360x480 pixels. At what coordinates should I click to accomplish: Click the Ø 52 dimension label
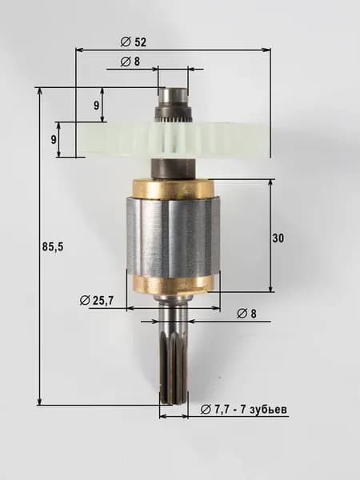pos(134,42)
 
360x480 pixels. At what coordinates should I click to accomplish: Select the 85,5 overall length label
pos(53,246)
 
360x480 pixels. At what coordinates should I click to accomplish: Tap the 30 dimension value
pos(278,238)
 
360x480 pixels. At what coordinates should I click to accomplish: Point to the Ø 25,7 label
pos(96,301)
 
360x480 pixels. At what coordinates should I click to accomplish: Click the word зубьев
pos(269,410)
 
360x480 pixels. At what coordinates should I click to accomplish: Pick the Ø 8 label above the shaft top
pos(130,62)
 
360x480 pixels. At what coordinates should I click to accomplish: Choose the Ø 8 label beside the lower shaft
pos(246,314)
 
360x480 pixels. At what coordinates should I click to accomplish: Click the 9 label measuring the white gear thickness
pos(54,139)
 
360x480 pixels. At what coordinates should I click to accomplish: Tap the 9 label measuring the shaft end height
pos(97,106)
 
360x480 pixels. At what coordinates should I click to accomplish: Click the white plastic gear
pos(173,139)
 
